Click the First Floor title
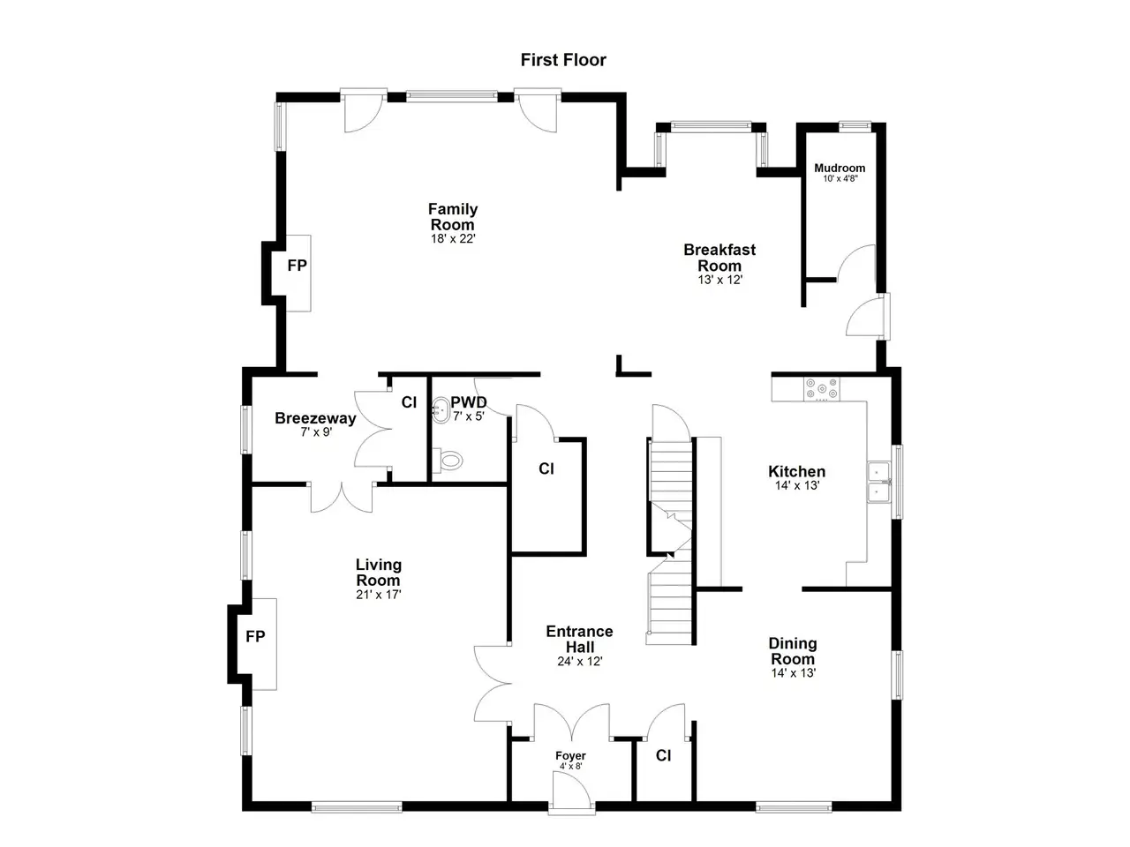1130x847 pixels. tap(562, 60)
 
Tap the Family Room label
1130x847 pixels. tap(453, 216)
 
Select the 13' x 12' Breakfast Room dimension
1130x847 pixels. tap(719, 280)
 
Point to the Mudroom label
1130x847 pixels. tap(840, 168)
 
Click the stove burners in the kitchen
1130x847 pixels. tap(821, 389)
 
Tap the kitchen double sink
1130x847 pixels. tap(878, 483)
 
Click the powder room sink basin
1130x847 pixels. tap(441, 410)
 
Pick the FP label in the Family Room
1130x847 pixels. tap(297, 266)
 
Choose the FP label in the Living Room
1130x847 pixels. tap(255, 637)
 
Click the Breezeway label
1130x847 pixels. tap(315, 418)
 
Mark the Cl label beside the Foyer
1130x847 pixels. tap(663, 755)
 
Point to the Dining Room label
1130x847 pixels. tap(793, 651)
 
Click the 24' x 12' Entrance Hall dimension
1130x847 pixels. tap(580, 662)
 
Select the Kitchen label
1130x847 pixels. tap(796, 471)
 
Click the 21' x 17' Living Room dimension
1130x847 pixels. tap(379, 595)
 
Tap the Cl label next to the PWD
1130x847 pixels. tap(409, 402)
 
